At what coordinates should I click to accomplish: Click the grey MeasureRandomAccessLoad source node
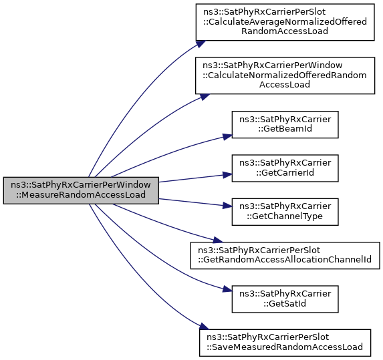tap(81, 190)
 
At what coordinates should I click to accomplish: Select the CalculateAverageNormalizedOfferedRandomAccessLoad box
tap(285, 22)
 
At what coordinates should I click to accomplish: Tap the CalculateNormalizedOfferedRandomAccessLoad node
tap(285, 75)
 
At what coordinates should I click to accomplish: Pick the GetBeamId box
tap(285, 124)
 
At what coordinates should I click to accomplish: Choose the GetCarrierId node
tap(285, 168)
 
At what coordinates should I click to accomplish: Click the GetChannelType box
tap(285, 212)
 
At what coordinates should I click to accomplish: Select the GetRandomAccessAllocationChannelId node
tap(285, 255)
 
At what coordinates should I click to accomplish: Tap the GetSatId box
tap(285, 299)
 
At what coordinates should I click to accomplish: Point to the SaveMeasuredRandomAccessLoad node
tap(285, 343)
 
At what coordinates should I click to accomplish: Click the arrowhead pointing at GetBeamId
tap(227, 136)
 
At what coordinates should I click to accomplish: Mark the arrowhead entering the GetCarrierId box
tap(227, 174)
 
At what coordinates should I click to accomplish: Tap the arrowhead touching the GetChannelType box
tap(227, 206)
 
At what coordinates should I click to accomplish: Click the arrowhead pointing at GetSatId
tap(227, 290)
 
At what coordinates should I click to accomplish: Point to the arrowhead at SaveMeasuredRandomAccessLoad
tap(204, 327)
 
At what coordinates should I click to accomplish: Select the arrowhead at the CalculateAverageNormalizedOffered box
tap(201, 43)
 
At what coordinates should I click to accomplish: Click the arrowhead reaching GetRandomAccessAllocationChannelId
tap(217, 240)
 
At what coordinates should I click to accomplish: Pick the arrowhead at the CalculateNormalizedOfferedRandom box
tap(205, 97)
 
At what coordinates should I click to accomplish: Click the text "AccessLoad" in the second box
tap(285, 84)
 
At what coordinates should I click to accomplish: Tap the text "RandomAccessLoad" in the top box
tap(285, 31)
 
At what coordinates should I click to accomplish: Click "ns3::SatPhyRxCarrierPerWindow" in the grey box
tap(81, 185)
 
